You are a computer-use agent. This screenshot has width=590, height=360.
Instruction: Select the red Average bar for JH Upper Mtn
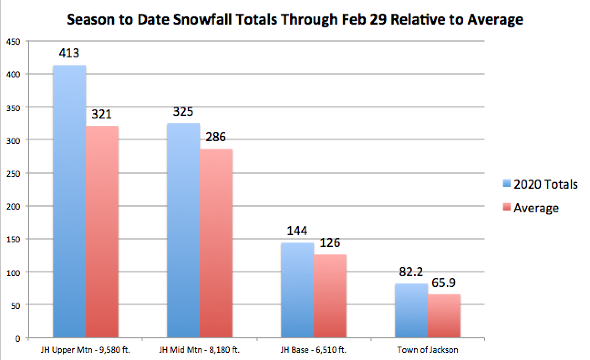pyautogui.click(x=102, y=232)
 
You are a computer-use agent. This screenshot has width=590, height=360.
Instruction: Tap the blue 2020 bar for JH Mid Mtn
pyautogui.click(x=183, y=231)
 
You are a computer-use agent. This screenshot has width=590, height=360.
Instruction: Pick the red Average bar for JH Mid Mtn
pyautogui.click(x=216, y=243)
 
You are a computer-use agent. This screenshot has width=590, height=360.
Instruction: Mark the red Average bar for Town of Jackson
pyautogui.click(x=444, y=316)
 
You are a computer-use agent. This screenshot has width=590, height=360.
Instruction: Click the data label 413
pyautogui.click(x=69, y=53)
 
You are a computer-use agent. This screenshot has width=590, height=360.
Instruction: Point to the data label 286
pyautogui.click(x=216, y=137)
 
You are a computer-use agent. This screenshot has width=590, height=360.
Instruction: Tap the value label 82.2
pyautogui.click(x=411, y=272)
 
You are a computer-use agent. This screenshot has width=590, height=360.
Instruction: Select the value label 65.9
pyautogui.click(x=444, y=283)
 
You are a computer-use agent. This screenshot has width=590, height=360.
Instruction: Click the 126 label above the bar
pyautogui.click(x=330, y=242)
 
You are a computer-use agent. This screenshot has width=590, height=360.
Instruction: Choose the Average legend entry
pyautogui.click(x=536, y=208)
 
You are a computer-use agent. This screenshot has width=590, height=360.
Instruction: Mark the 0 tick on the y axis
pyautogui.click(x=18, y=339)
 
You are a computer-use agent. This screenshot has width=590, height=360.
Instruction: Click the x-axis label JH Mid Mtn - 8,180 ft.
pyautogui.click(x=199, y=350)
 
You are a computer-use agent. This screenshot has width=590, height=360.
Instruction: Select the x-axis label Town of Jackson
pyautogui.click(x=427, y=350)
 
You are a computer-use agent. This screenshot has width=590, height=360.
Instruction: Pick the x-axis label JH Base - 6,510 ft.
pyautogui.click(x=313, y=350)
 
